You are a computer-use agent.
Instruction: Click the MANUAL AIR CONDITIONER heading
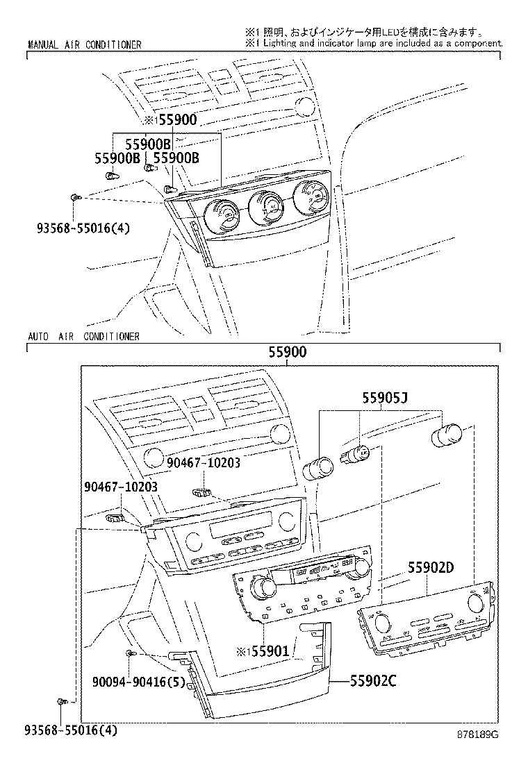click(85, 45)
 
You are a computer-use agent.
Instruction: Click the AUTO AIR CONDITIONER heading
click(84, 337)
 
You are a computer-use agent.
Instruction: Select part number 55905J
click(385, 397)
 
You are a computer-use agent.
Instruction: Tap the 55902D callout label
click(431, 568)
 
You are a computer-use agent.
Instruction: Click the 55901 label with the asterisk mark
click(263, 651)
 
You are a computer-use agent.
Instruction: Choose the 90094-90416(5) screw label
click(138, 682)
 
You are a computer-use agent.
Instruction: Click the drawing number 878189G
click(477, 735)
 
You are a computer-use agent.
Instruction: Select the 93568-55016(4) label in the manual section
click(83, 228)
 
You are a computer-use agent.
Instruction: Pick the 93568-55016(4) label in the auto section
click(71, 730)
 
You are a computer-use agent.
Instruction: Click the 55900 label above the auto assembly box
click(288, 352)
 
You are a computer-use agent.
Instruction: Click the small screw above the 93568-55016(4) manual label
click(74, 197)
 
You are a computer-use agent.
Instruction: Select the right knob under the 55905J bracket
click(446, 435)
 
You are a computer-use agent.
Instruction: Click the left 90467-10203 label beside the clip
click(121, 487)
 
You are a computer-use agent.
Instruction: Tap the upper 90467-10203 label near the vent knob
click(204, 462)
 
